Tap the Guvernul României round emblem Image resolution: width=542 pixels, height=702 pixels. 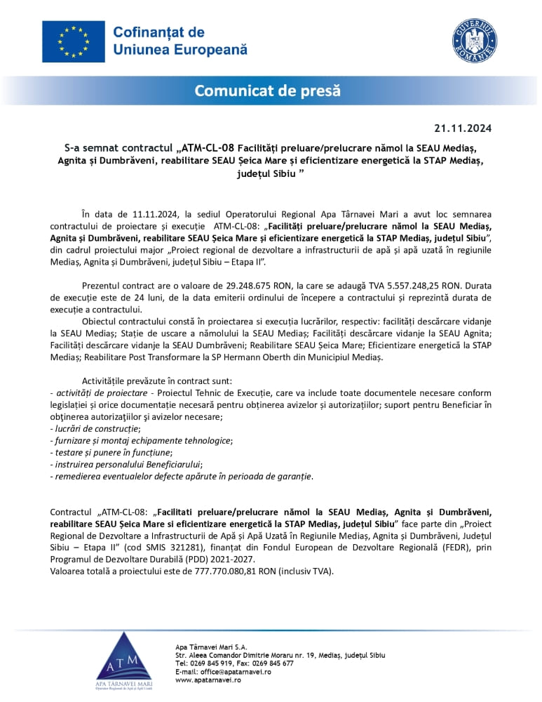pyautogui.click(x=474, y=41)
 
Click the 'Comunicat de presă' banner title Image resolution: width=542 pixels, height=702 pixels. pyautogui.click(x=267, y=91)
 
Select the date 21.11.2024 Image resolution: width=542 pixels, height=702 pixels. pyautogui.click(x=463, y=128)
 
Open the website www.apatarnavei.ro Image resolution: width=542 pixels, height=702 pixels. pyautogui.click(x=209, y=680)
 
